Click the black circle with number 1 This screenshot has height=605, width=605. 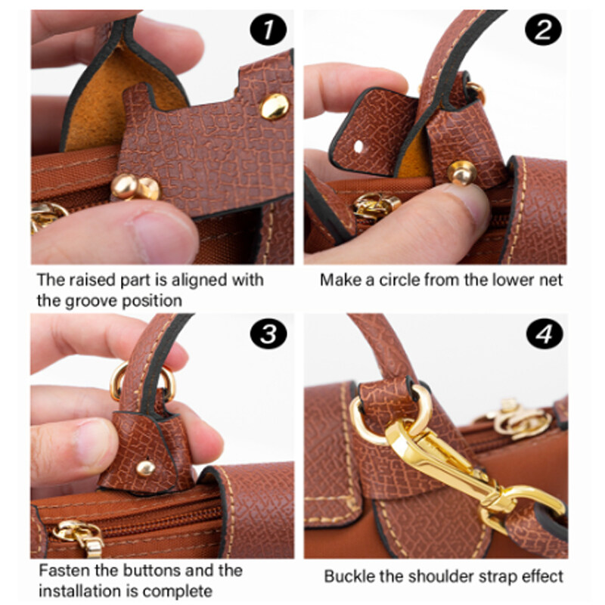pos(268,29)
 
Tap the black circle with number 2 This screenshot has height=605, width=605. pos(543,29)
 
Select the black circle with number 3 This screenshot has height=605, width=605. pos(268,333)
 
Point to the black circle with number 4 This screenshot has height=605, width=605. pos(544,334)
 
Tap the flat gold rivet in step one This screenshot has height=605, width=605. pos(275,106)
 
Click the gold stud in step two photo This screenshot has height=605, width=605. pos(462,173)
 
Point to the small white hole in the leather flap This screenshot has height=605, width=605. pos(358,147)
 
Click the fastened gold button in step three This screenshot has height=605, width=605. pos(146,468)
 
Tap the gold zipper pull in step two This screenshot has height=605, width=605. pos(376,206)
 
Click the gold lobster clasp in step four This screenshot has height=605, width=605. pos(467,470)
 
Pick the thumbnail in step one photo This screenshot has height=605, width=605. pos(162,235)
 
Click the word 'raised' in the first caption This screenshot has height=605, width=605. pos(92,280)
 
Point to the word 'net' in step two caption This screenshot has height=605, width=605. pos(551,280)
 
